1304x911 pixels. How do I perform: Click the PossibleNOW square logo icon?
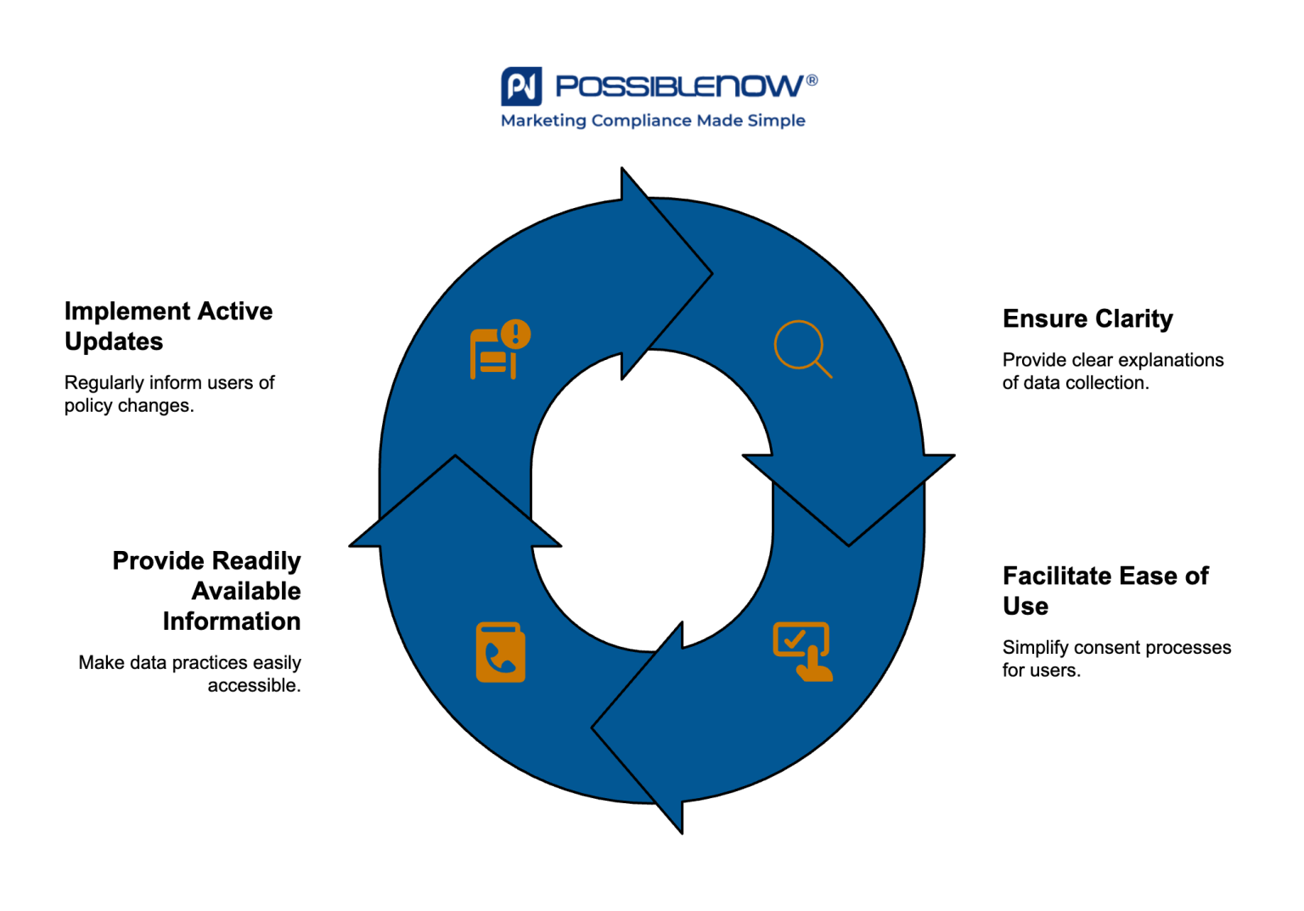[520, 86]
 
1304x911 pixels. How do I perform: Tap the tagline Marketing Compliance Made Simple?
[652, 121]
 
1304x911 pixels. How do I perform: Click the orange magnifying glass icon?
[801, 348]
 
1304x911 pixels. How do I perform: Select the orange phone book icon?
[500, 652]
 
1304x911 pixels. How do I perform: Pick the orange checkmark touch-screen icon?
[802, 651]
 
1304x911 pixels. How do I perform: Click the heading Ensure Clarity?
[1087, 318]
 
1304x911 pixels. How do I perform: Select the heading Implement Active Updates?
[168, 326]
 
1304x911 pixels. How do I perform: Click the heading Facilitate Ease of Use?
[1104, 590]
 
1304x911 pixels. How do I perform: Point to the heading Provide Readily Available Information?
[208, 590]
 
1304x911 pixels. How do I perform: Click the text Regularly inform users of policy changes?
[169, 394]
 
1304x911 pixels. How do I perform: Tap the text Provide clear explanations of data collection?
[1112, 371]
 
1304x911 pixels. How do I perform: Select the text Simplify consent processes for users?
[1116, 658]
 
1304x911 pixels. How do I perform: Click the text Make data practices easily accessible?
[191, 673]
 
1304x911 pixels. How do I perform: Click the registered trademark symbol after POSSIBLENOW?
[812, 80]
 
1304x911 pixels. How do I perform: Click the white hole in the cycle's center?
[652, 501]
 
